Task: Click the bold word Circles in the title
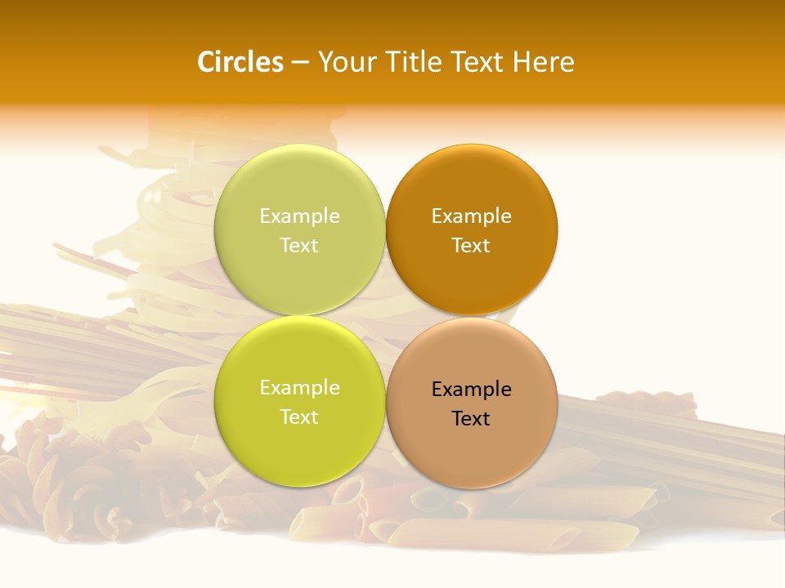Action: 240,62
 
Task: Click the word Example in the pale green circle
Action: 299,216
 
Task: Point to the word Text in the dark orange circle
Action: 471,245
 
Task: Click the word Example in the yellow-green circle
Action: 299,387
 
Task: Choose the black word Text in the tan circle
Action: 471,418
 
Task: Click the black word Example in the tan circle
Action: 471,389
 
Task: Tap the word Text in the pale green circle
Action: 299,245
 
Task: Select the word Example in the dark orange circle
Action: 471,216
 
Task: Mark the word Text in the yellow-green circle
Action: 299,416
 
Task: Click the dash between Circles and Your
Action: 300,63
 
